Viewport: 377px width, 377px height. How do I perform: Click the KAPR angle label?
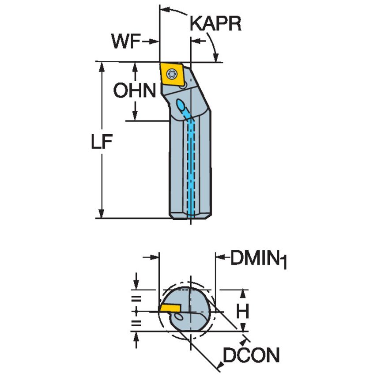(x=216, y=24)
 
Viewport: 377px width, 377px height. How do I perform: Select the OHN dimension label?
(x=135, y=91)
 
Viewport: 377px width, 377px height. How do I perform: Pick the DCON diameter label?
(x=251, y=355)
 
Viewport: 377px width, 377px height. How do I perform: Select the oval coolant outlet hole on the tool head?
(x=181, y=106)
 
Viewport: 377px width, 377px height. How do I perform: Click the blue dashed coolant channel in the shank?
(x=192, y=168)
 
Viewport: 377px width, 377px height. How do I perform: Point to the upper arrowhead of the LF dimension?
(x=102, y=66)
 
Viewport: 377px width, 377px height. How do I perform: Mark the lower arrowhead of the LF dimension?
(x=102, y=214)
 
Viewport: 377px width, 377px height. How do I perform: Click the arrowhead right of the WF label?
(x=155, y=42)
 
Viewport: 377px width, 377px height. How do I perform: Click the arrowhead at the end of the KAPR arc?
(x=216, y=58)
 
